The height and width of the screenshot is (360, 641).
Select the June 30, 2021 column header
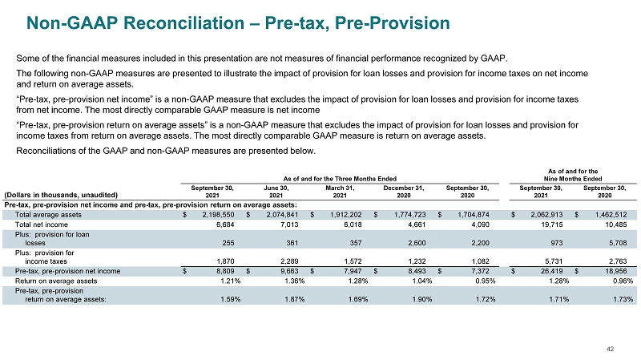276,192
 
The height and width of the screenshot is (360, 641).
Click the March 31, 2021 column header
339,192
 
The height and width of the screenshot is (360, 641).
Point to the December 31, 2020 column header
402,192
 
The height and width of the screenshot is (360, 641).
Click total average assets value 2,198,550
212,214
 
